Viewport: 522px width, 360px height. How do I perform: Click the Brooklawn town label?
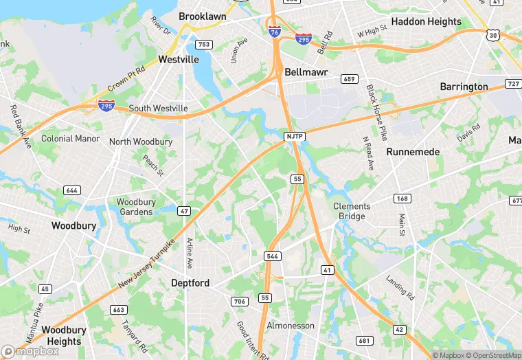pos(202,16)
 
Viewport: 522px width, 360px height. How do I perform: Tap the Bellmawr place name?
pos(306,72)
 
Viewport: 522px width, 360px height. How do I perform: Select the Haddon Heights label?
pos(426,21)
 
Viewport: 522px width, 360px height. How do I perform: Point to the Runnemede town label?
pos(412,151)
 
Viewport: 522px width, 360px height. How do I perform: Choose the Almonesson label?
pos(291,326)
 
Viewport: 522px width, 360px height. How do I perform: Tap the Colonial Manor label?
pos(71,138)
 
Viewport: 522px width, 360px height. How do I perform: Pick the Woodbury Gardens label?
pos(136,207)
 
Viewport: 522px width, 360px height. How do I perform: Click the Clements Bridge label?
pos(352,211)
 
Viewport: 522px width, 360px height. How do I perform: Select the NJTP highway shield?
pos(294,137)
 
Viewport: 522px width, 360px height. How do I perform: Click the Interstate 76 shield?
pos(274,31)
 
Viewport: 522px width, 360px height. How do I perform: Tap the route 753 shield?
pos(203,45)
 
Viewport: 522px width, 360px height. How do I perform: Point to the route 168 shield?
pos(402,199)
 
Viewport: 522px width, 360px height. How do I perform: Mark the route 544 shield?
pos(272,256)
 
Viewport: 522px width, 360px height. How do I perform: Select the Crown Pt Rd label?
pos(126,80)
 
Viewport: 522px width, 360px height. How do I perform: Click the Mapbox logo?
pos(30,351)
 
